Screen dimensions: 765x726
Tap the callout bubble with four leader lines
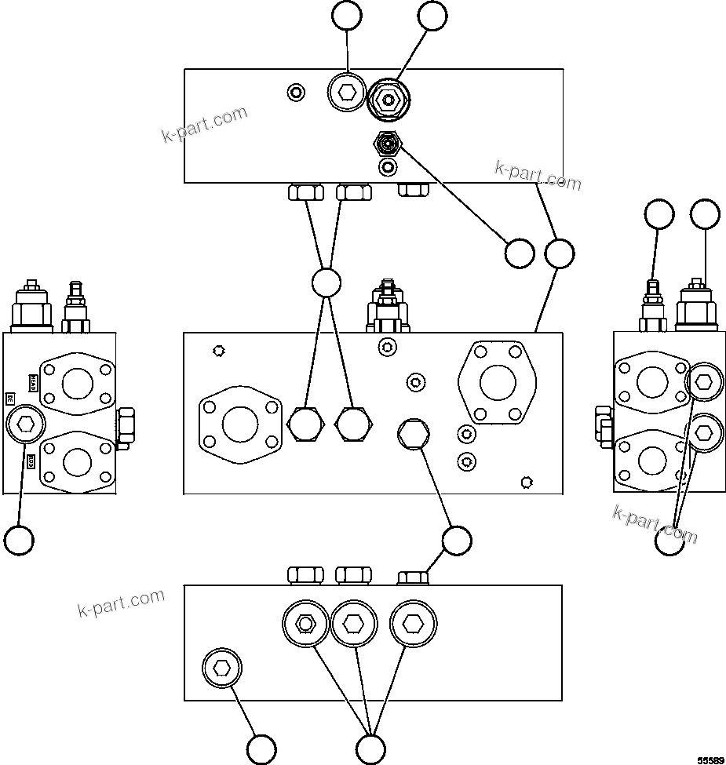[x=326, y=282]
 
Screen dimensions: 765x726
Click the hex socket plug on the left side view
[x=24, y=424]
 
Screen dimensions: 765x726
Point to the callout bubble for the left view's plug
[x=19, y=540]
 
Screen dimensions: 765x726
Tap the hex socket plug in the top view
[x=346, y=94]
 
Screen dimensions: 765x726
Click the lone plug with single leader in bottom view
[x=222, y=668]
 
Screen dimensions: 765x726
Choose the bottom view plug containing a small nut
[x=305, y=624]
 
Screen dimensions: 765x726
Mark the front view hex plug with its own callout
[x=413, y=434]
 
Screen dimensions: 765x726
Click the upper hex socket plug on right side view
[x=704, y=382]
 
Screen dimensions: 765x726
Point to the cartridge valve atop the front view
[x=387, y=307]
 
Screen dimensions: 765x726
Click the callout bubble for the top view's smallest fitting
[x=519, y=253]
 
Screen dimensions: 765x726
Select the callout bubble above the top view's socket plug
[x=346, y=16]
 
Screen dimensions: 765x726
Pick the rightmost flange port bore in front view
[x=497, y=383]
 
